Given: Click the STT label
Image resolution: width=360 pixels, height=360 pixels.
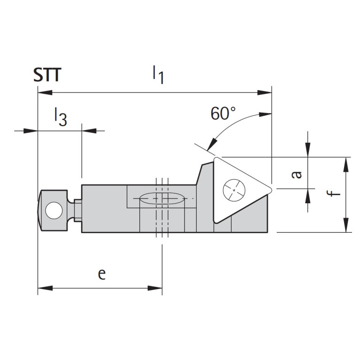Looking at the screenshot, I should tap(47, 75).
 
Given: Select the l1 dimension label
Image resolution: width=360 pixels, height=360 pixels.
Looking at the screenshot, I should tap(158, 75).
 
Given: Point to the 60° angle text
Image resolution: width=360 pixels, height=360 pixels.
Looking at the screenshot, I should tap(223, 114).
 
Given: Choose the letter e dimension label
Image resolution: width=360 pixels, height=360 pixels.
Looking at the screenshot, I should tap(101, 274).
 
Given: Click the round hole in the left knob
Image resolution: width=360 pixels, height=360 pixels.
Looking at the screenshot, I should tap(53, 211).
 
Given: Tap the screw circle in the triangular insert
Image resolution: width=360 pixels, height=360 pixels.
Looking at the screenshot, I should tap(235, 189).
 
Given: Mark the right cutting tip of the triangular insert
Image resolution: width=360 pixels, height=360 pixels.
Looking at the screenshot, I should tap(271, 189).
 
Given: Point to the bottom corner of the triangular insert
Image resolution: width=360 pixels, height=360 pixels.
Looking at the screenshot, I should tap(216, 222).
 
